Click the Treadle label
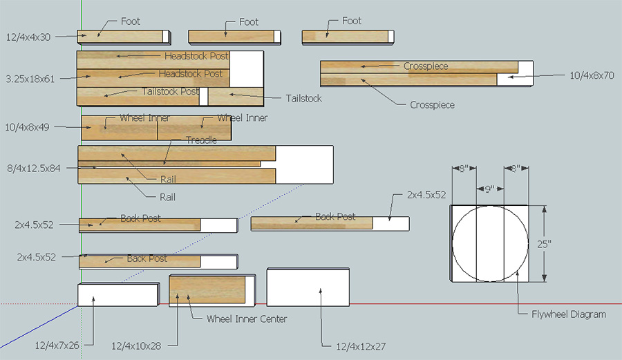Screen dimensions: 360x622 click(x=201, y=140)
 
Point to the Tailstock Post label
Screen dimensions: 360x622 click(x=170, y=91)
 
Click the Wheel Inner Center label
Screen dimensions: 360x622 click(x=247, y=319)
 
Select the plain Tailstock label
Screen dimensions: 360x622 click(x=303, y=99)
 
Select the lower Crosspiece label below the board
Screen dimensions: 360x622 click(x=432, y=105)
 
